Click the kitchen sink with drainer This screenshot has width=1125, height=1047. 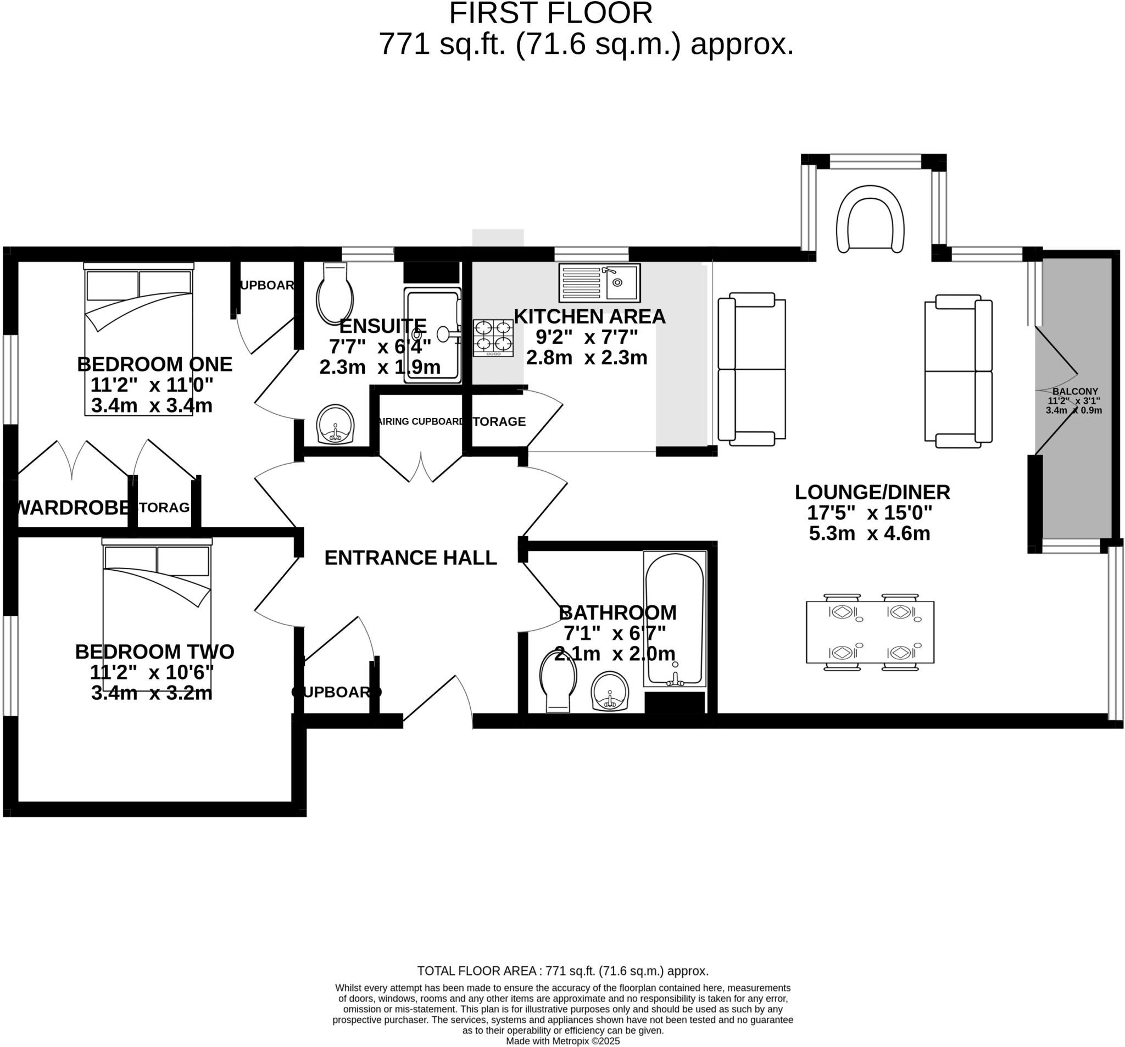pos(599,282)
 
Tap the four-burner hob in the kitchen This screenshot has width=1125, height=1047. pos(493,337)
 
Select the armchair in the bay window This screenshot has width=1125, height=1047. pos(870,219)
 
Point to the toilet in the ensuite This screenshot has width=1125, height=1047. pos(335,293)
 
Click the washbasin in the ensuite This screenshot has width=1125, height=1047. pos(335,424)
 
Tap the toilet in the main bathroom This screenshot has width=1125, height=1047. pos(558,680)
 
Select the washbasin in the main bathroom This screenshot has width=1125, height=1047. pos(610,691)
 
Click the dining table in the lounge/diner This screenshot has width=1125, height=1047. pos(870,632)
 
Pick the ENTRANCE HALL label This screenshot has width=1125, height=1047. pos(410,558)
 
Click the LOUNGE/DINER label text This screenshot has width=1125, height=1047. pos(872,492)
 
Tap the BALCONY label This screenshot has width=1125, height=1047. pos(1074,391)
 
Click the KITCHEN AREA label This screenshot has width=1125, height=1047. pos(589,316)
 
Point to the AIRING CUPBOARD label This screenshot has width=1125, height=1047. pos(421,422)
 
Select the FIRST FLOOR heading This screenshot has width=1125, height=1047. pos(550,14)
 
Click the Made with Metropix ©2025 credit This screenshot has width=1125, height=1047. pos(562,1041)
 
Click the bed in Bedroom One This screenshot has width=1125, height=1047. pos(138,339)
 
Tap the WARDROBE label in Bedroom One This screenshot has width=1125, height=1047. pos(73,508)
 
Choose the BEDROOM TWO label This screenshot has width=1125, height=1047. pos(154,651)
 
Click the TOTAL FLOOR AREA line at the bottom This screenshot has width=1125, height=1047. pos(562,971)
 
